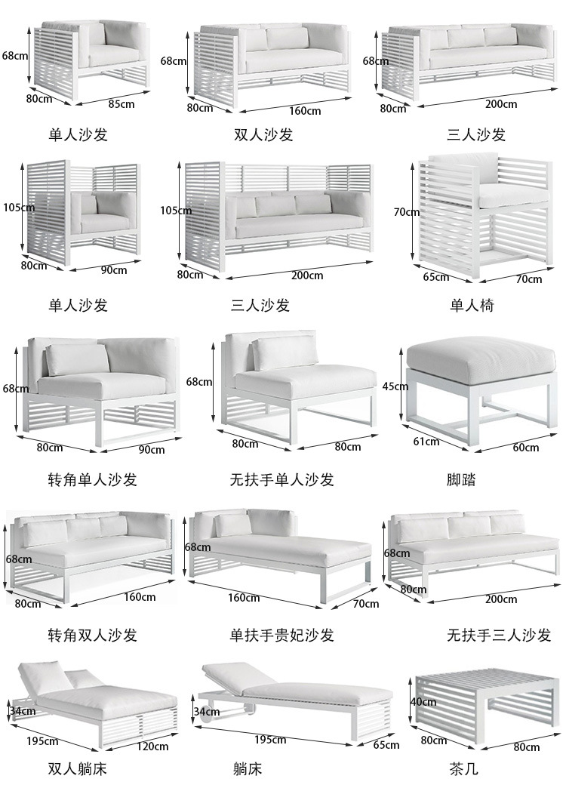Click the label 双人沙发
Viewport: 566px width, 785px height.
click(x=263, y=134)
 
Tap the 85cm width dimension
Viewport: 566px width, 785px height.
click(x=122, y=103)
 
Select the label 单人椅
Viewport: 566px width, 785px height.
click(x=472, y=305)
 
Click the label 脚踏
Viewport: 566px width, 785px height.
click(x=462, y=479)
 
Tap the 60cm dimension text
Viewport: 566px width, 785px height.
click(x=526, y=448)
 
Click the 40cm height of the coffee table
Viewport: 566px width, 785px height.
click(x=423, y=702)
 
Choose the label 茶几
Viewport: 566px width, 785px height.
click(x=463, y=769)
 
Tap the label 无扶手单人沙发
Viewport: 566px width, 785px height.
click(x=282, y=479)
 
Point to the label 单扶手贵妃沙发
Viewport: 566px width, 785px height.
click(x=282, y=635)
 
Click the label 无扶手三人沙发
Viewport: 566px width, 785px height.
click(x=499, y=635)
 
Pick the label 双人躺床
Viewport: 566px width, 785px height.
click(x=78, y=769)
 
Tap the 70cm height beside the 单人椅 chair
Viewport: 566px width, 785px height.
click(x=406, y=212)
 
